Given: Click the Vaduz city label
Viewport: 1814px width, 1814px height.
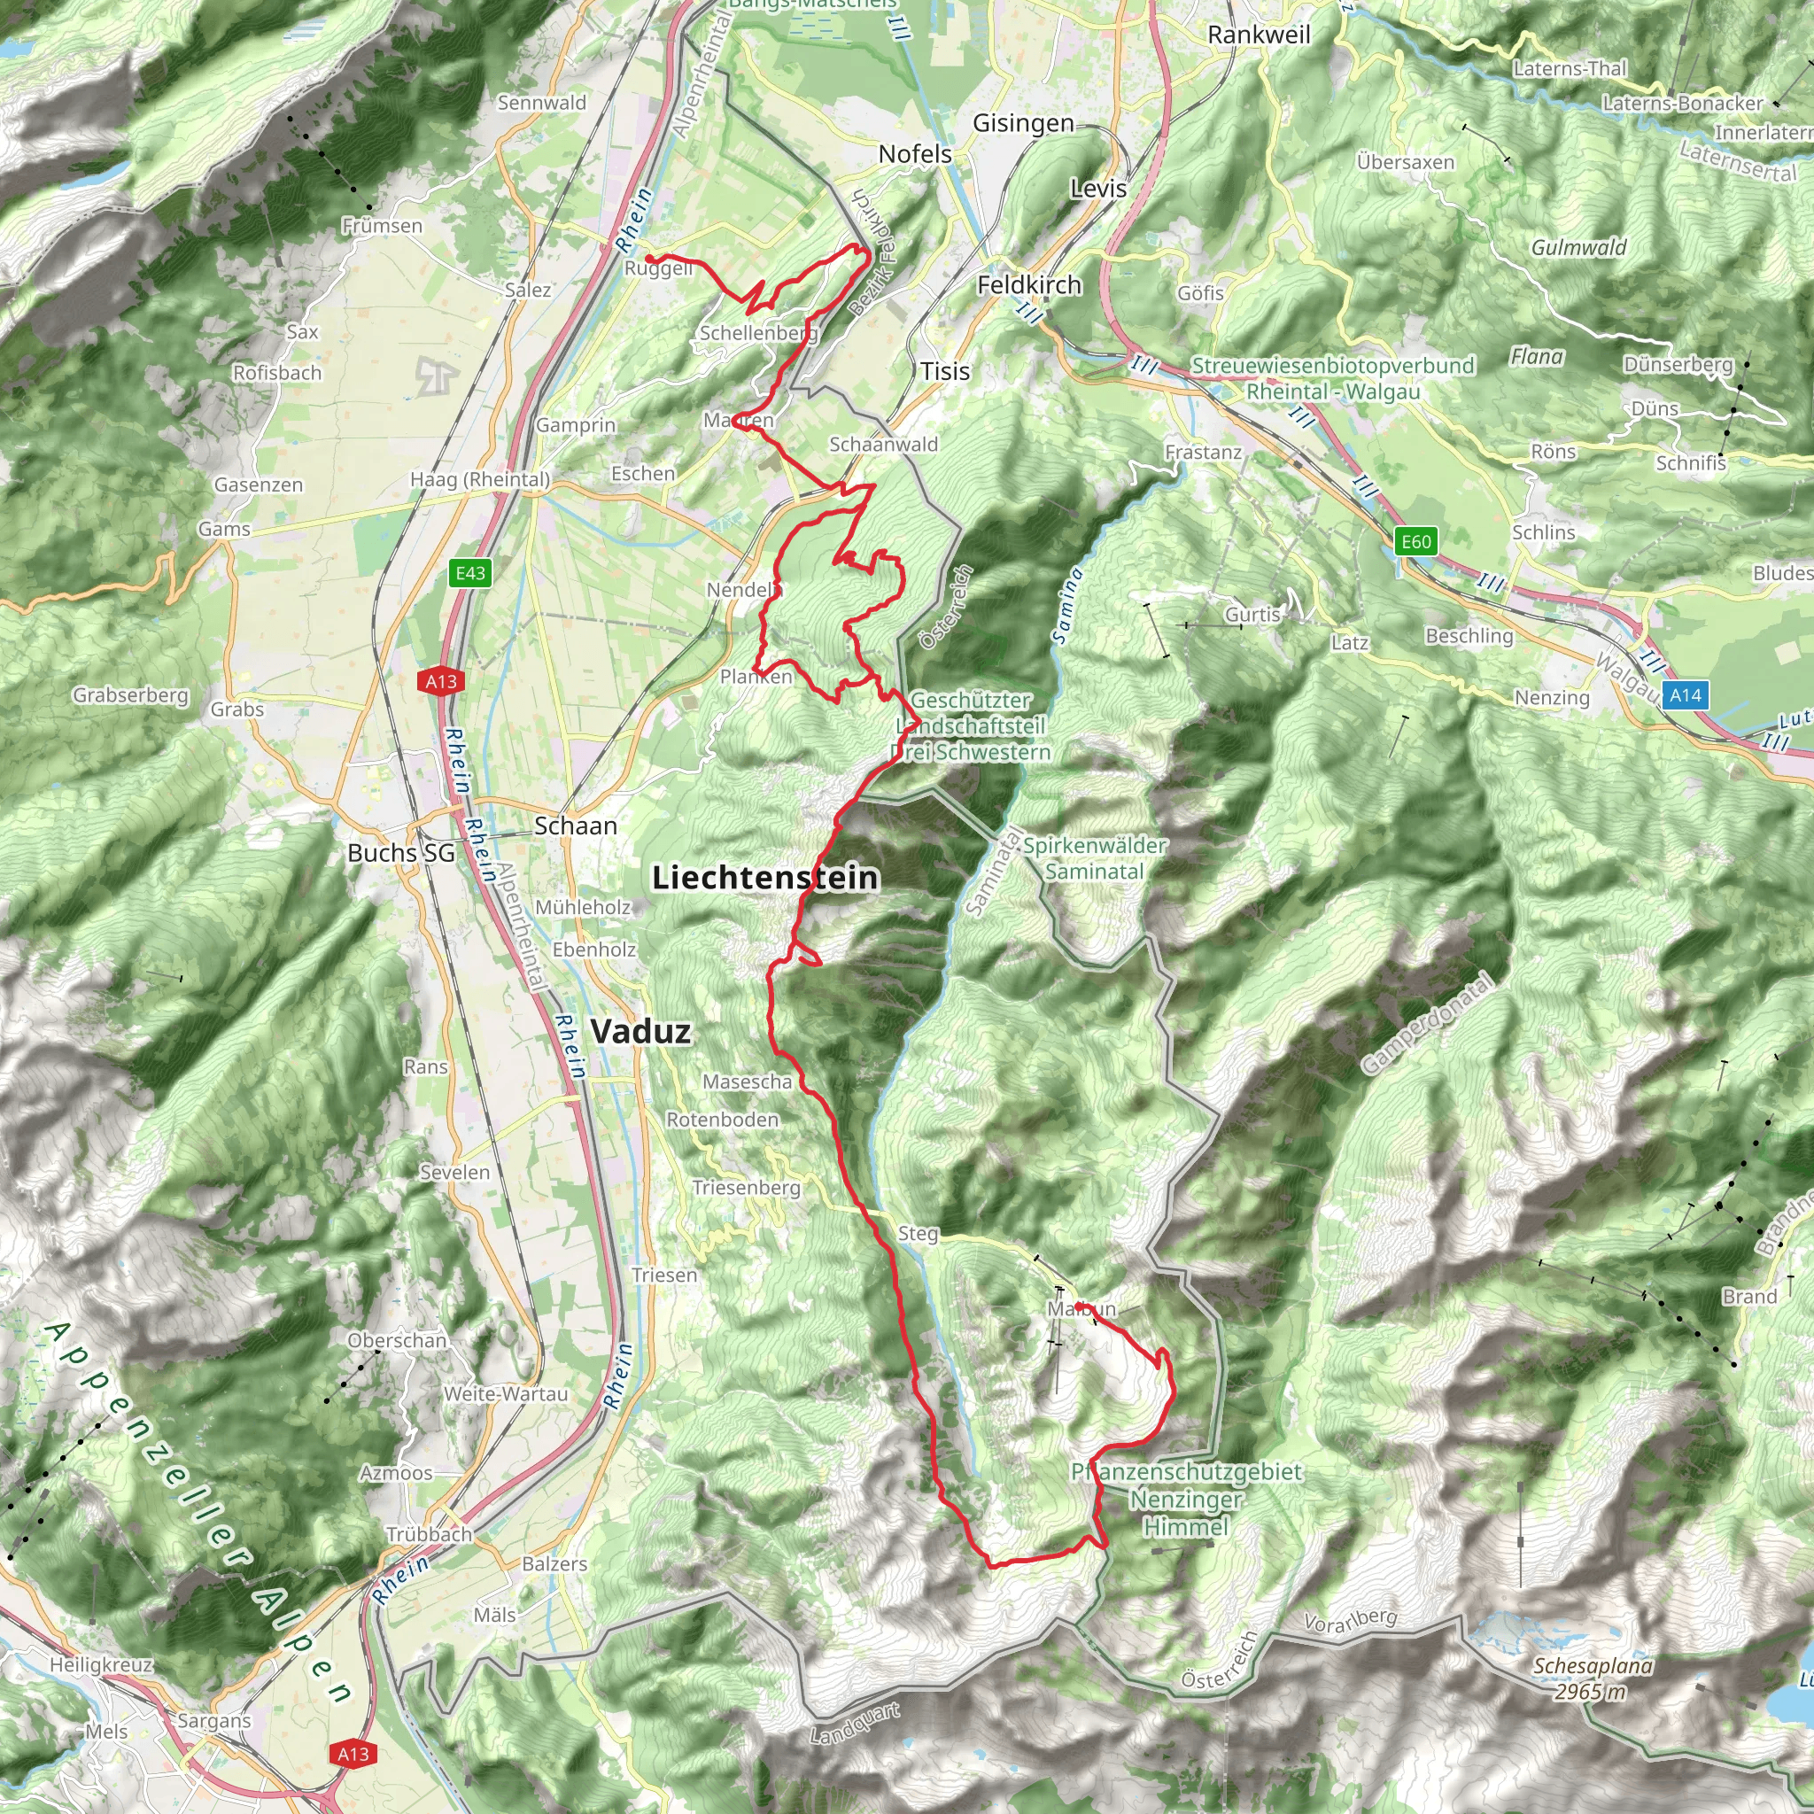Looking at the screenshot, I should (x=641, y=1032).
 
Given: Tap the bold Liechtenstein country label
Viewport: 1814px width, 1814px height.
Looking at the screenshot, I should (x=765, y=878).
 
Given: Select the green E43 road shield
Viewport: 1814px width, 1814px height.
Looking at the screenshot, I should (x=470, y=573).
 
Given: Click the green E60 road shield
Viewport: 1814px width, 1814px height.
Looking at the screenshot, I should (x=1416, y=541).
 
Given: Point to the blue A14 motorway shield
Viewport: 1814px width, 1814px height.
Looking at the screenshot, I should (x=1686, y=694).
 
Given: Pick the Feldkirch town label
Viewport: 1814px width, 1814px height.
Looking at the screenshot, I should (x=1029, y=284).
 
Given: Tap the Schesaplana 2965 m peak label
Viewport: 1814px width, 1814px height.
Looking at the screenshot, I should (x=1593, y=1678).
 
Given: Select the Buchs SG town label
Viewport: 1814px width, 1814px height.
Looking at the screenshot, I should (x=401, y=853).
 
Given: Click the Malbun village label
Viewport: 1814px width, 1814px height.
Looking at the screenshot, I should (x=1081, y=1308).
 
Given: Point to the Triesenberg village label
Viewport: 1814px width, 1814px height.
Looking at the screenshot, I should (x=747, y=1188).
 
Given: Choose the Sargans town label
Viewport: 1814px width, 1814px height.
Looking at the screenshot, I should (x=214, y=1721).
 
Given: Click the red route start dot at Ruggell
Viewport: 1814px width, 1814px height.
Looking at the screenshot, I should (x=648, y=259).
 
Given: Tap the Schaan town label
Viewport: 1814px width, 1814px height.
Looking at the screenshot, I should (x=576, y=826).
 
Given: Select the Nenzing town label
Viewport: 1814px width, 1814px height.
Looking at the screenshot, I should (x=1552, y=698).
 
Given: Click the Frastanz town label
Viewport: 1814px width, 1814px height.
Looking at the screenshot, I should (x=1203, y=453).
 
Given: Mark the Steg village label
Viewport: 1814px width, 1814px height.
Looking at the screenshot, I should (x=918, y=1234).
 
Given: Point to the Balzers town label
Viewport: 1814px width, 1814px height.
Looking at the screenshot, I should (x=554, y=1564).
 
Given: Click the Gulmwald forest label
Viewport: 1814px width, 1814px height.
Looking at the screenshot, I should (x=1578, y=248).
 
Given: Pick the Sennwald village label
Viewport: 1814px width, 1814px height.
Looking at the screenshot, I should (x=542, y=103).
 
